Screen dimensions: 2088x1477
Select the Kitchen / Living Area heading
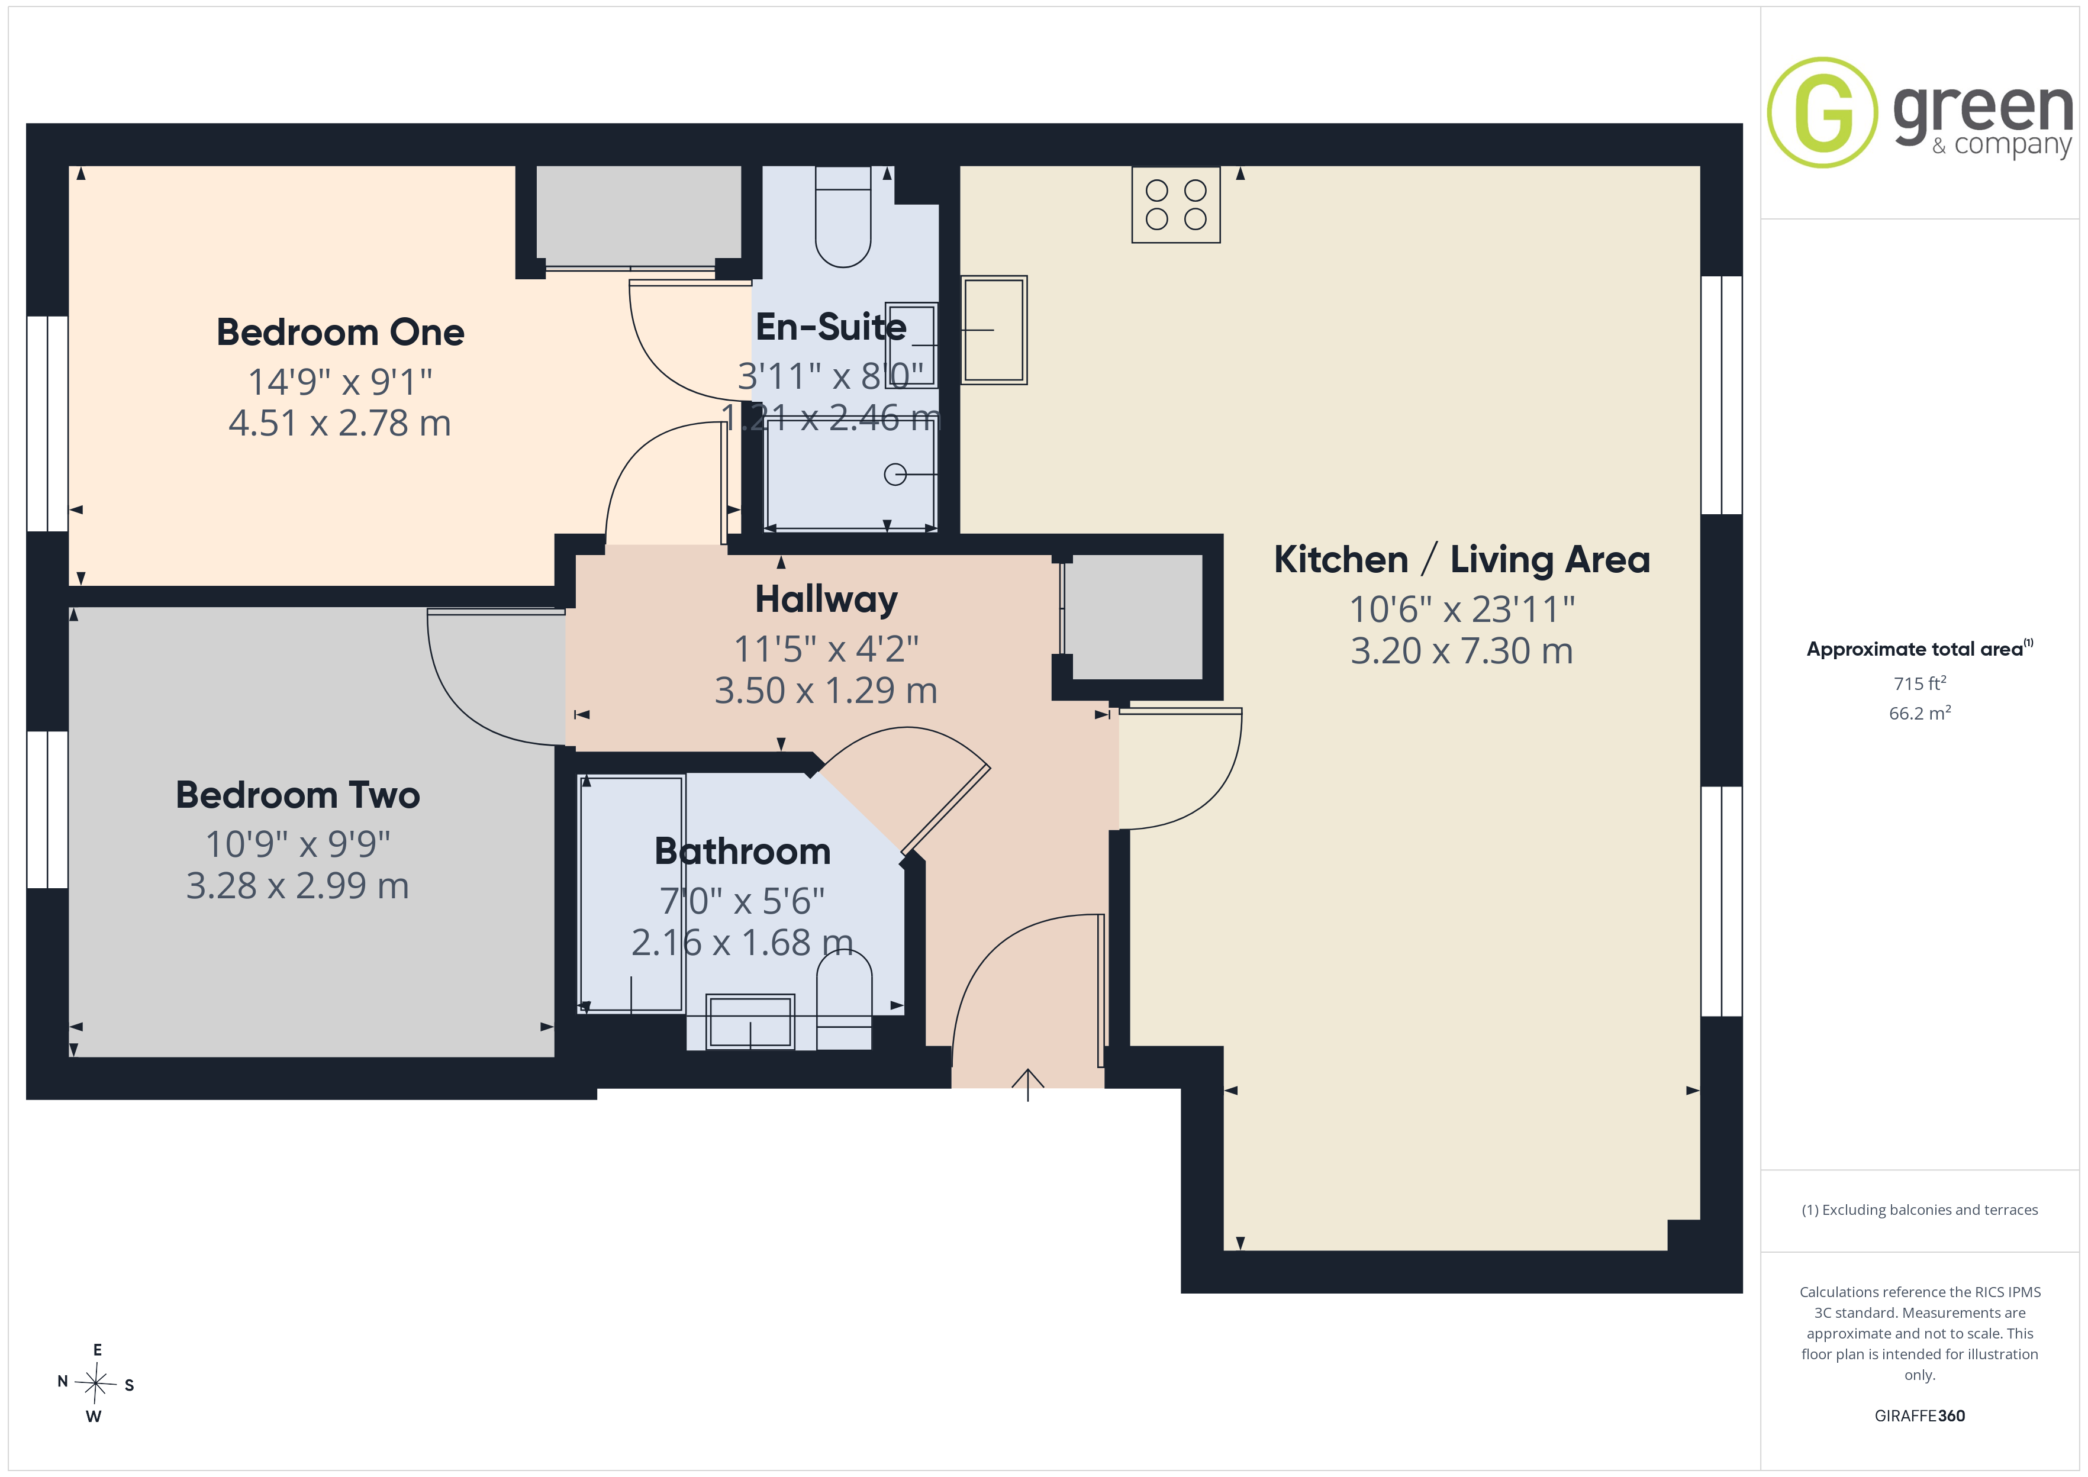(x=1461, y=559)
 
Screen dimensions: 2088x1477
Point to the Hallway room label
(x=826, y=599)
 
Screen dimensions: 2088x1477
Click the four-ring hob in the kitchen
(x=1176, y=205)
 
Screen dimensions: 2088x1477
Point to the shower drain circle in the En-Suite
(x=895, y=474)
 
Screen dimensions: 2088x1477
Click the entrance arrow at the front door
(x=1027, y=1084)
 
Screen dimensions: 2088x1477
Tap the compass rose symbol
(x=95, y=1384)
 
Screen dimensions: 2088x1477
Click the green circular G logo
(x=1822, y=113)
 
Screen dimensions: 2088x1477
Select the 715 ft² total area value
(x=1920, y=683)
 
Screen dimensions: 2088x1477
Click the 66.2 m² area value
(x=1920, y=713)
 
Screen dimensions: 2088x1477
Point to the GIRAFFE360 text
(x=1920, y=1416)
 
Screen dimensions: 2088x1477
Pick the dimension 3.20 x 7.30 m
(x=1461, y=651)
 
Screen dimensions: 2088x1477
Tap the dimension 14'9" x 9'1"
(x=340, y=382)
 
